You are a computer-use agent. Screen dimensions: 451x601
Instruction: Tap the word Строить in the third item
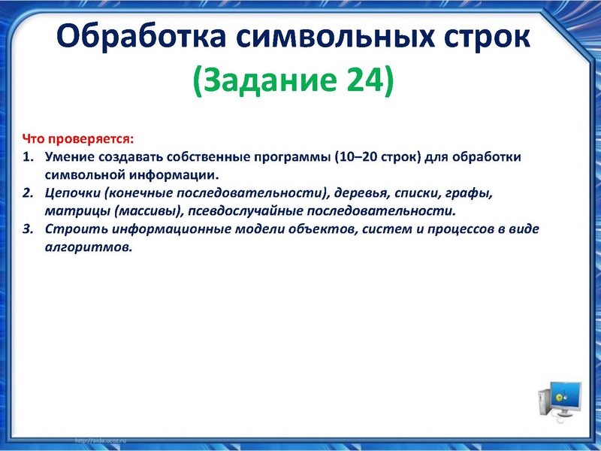click(72, 229)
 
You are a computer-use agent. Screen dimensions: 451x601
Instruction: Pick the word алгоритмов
click(88, 247)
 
